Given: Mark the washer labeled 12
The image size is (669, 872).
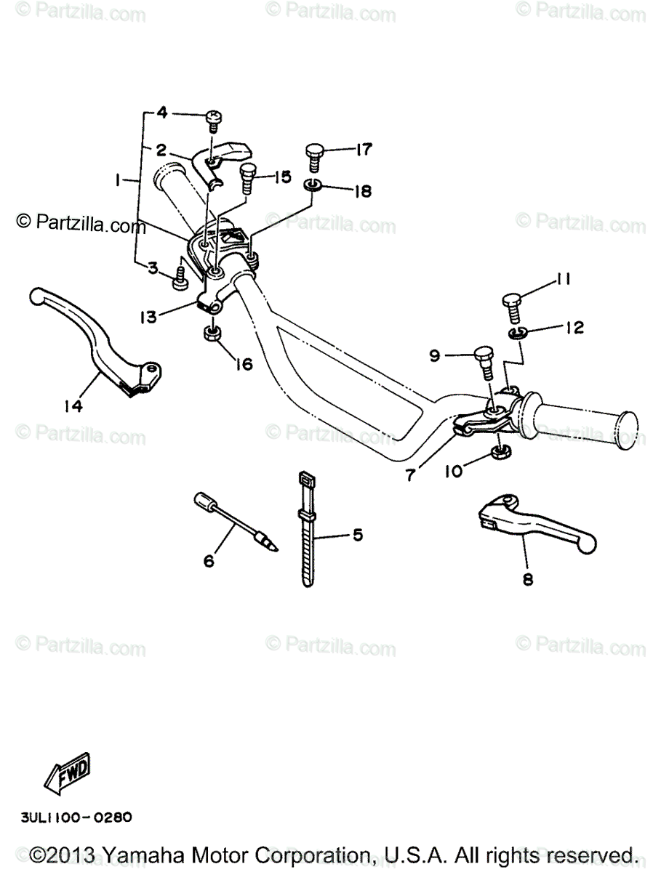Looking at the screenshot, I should click(x=517, y=333).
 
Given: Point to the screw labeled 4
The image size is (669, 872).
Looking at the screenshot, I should click(x=215, y=118).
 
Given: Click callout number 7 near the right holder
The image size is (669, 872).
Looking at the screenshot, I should click(x=412, y=475).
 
